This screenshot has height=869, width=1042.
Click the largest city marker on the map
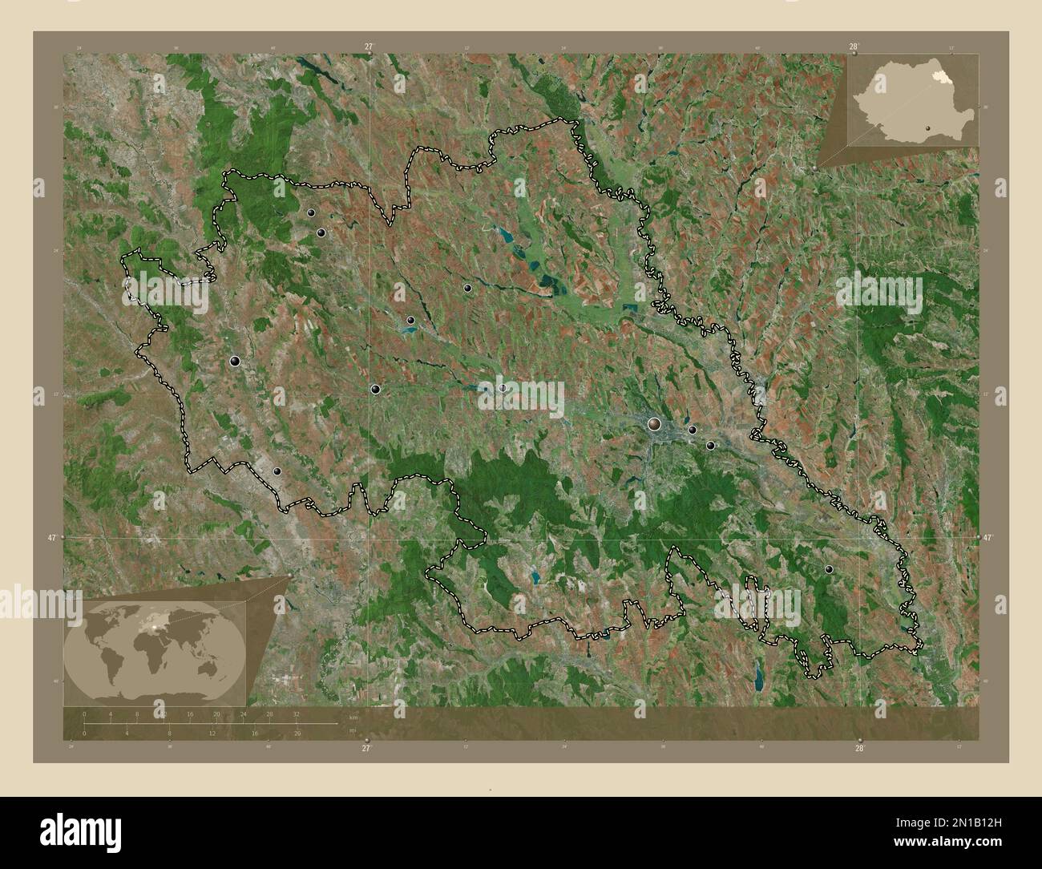tap(655, 423)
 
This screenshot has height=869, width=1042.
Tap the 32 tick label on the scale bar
tap(296, 713)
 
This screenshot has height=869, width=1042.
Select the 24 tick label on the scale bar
tap(243, 713)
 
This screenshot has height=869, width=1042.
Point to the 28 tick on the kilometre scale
tap(269, 713)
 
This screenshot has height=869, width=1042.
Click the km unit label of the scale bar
tap(353, 715)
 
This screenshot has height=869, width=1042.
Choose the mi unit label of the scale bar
tap(351, 730)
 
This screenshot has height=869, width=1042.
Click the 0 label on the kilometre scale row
tap(84, 713)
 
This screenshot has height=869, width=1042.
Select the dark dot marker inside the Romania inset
tap(927, 126)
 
